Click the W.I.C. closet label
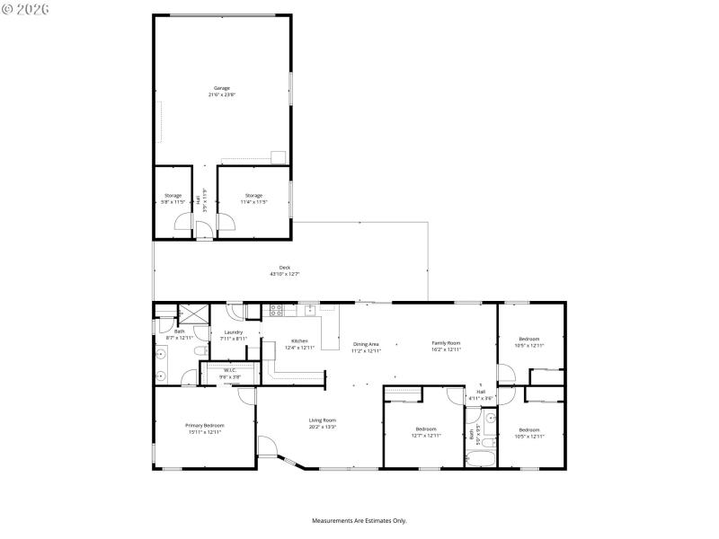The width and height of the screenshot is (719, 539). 229,373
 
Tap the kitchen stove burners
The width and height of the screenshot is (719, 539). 277,312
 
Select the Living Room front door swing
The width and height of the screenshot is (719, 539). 268,446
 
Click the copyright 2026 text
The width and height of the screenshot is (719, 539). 26,8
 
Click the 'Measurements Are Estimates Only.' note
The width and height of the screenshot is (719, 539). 359,520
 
